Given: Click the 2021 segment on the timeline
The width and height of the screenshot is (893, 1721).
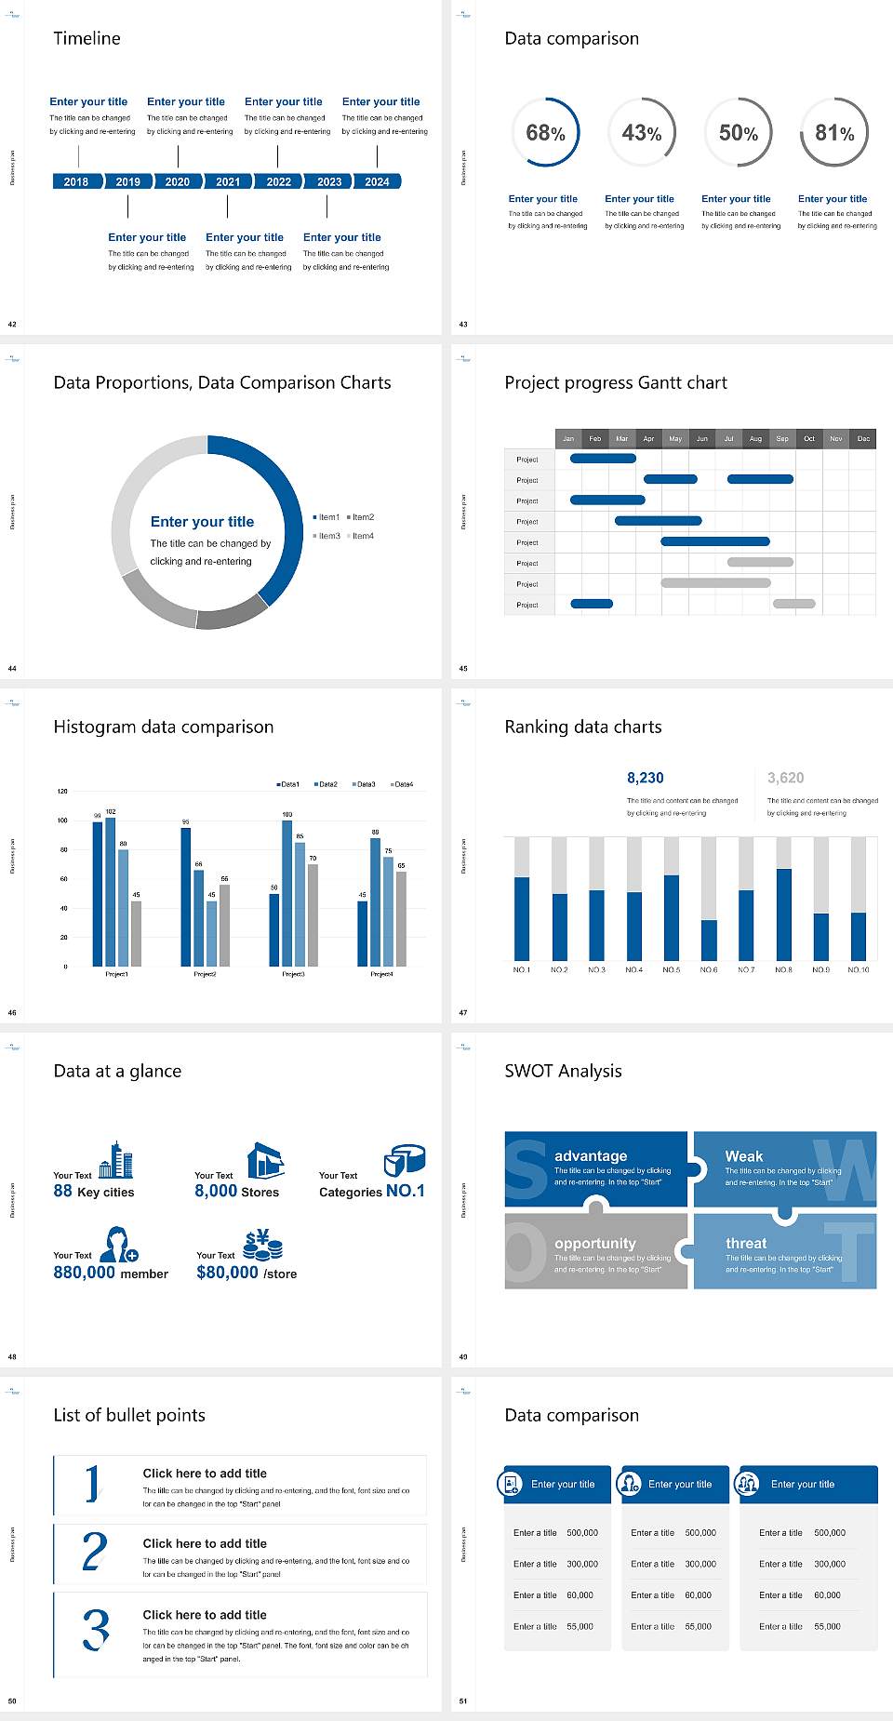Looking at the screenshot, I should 228,181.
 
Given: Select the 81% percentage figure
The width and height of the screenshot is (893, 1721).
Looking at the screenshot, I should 834,133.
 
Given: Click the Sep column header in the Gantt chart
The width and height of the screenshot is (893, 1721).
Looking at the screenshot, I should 782,438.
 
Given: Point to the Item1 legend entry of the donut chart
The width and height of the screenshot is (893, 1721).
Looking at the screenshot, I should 327,517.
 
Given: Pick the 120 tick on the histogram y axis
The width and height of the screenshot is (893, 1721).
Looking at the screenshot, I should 63,792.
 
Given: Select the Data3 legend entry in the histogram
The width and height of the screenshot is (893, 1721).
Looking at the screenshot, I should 364,784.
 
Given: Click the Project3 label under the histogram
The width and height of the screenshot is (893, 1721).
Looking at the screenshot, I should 293,974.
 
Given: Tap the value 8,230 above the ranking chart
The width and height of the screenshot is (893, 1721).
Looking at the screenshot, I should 646,778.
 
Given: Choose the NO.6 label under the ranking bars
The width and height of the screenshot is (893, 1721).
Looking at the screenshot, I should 709,969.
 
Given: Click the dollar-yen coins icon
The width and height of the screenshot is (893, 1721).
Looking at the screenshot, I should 262,1244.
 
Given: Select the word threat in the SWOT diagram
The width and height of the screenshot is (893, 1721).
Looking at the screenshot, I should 746,1243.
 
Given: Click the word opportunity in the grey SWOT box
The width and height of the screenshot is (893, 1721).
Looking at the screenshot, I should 595,1243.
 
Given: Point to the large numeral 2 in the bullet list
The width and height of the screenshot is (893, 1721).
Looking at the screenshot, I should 95,1552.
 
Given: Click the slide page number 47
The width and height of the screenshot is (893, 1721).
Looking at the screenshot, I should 463,1012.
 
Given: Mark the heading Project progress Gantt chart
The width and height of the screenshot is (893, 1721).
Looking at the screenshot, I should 616,382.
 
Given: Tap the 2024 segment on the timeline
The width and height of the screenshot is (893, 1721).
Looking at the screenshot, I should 378,181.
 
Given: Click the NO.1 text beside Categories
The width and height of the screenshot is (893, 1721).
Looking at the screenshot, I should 406,1191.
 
